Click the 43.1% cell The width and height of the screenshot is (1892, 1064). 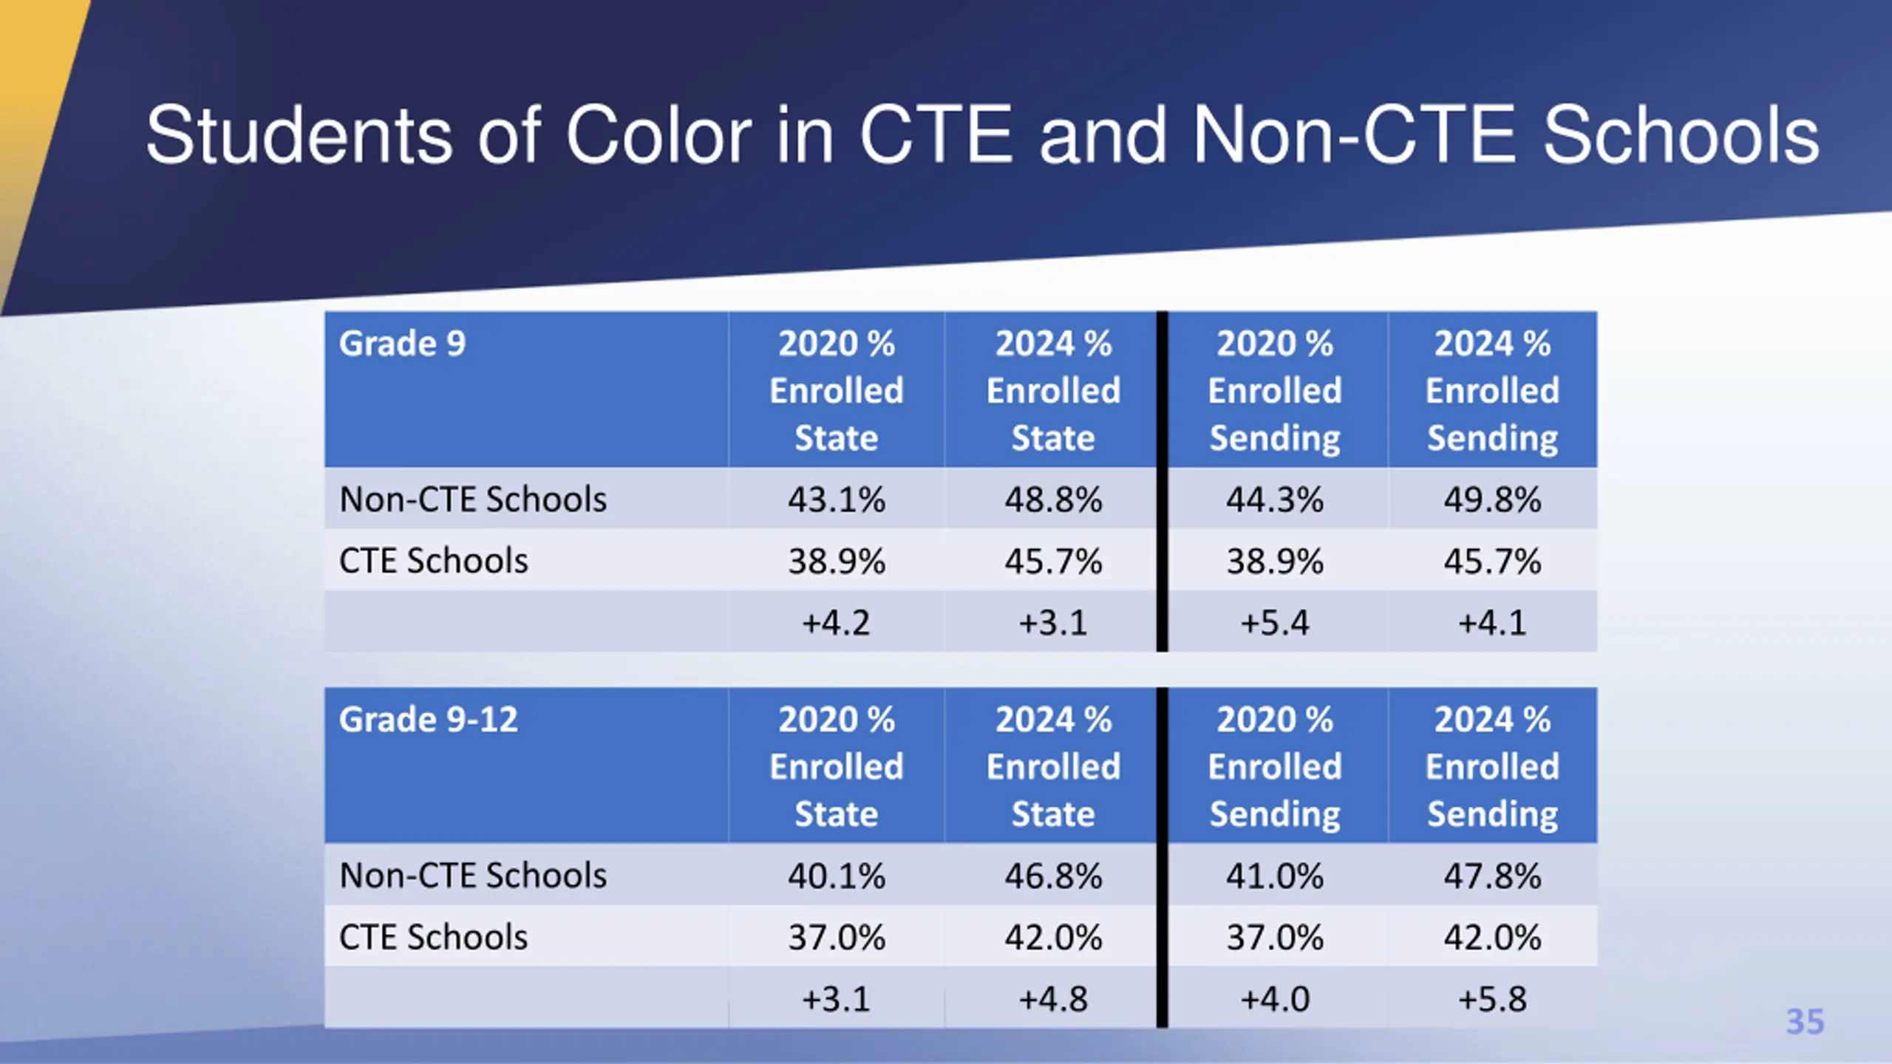[x=836, y=499]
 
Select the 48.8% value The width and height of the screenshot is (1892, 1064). [x=1053, y=499]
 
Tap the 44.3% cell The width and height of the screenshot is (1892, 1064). [x=1275, y=499]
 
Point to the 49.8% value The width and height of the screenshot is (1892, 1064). [x=1492, y=499]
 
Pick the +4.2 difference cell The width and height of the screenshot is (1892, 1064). [x=836, y=622]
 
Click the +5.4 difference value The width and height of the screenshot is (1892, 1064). [x=1275, y=622]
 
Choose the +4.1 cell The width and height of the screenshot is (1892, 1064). [x=1492, y=622]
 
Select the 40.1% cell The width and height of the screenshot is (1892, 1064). [x=836, y=876]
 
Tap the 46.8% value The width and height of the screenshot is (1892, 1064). [x=1053, y=876]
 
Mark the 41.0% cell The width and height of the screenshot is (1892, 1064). [x=1275, y=876]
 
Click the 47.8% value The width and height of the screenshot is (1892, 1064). [x=1492, y=876]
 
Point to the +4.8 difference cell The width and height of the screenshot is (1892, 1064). [x=1053, y=999]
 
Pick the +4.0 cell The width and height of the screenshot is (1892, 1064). [x=1275, y=999]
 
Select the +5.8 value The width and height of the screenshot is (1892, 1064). [x=1492, y=999]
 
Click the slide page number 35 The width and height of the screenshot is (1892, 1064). [x=1805, y=1022]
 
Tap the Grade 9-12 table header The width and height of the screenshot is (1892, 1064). [x=428, y=720]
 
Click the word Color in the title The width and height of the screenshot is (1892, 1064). [x=659, y=135]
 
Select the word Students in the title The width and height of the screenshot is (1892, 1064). [x=299, y=135]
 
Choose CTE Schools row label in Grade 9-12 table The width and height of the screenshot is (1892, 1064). [x=433, y=937]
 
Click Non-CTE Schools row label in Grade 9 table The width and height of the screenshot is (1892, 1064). [x=473, y=499]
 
